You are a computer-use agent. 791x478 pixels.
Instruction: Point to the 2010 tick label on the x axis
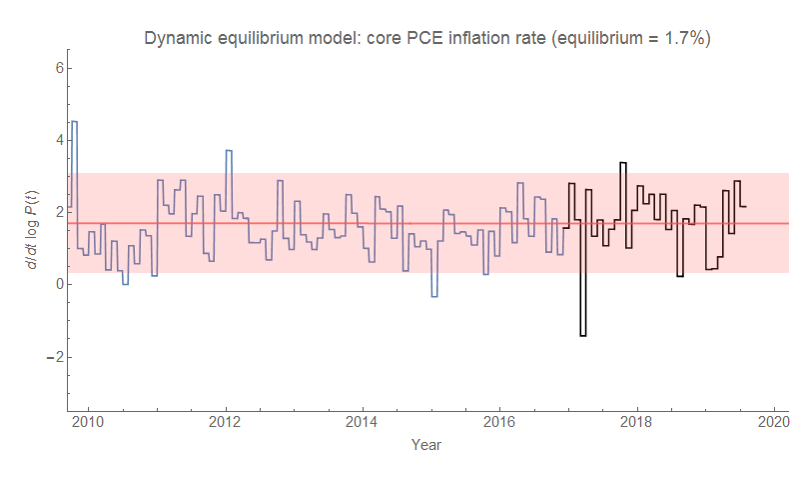point(88,421)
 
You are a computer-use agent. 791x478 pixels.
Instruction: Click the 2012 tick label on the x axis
point(225,421)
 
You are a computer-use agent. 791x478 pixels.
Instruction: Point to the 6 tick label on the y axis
point(59,68)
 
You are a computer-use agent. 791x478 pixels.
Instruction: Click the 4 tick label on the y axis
point(59,140)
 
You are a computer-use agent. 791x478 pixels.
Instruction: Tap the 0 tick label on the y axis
point(59,284)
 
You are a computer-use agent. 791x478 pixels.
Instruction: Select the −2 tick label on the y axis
point(55,357)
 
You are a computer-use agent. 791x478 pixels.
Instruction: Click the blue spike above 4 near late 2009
point(74,122)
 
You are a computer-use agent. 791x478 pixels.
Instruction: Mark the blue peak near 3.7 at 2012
point(229,151)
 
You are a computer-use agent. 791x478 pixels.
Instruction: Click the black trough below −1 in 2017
point(583,335)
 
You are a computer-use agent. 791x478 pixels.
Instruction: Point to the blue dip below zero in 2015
point(434,296)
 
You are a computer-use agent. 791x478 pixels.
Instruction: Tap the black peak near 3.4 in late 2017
point(623,163)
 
